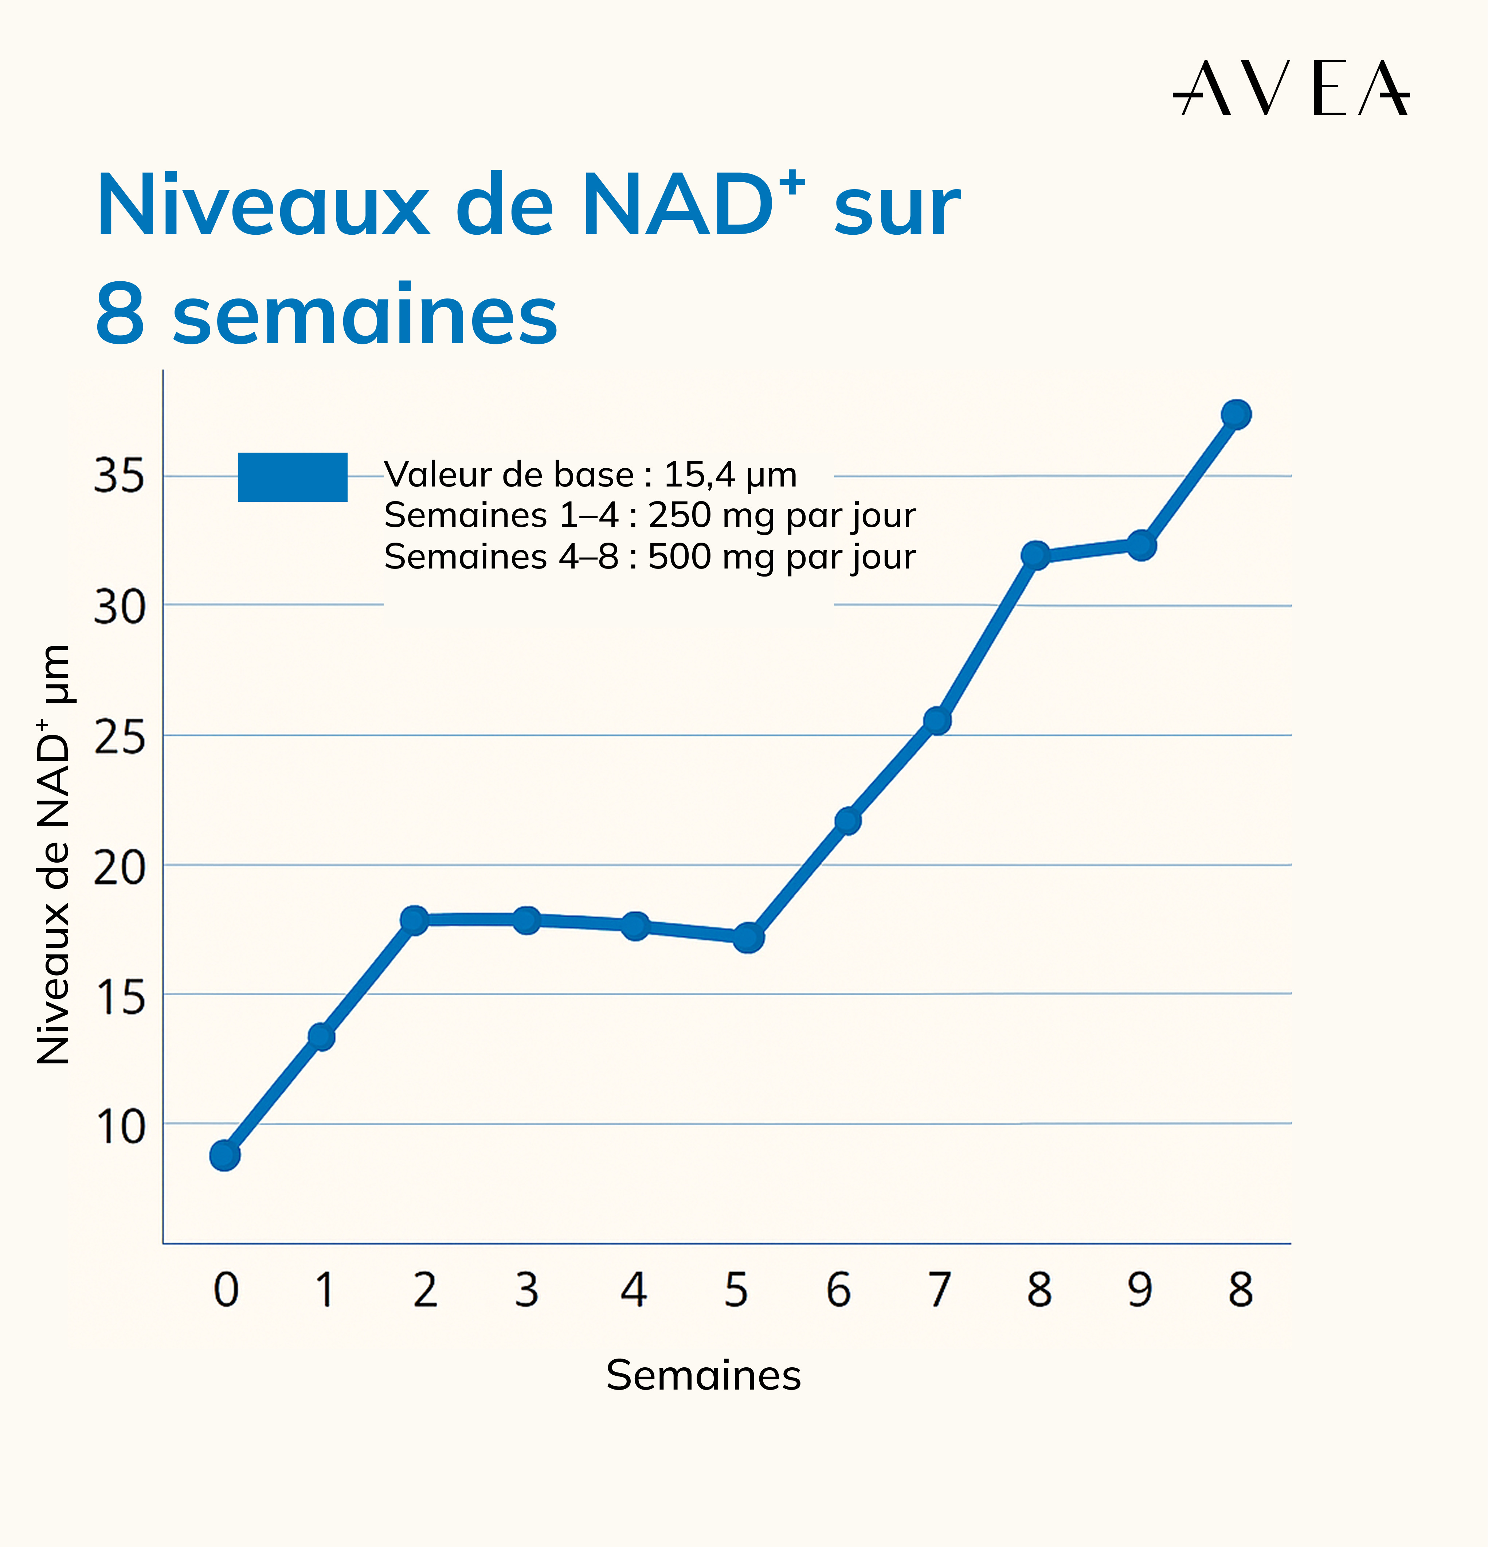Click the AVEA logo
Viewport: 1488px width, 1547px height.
coord(1291,89)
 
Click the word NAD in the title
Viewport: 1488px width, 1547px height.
coord(678,205)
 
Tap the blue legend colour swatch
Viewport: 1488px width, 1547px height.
coord(293,477)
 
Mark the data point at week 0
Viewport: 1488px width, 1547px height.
coord(225,1156)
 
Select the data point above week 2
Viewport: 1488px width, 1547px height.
coord(414,919)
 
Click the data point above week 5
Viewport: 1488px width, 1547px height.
coord(748,938)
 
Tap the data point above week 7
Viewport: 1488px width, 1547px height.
coord(937,720)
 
